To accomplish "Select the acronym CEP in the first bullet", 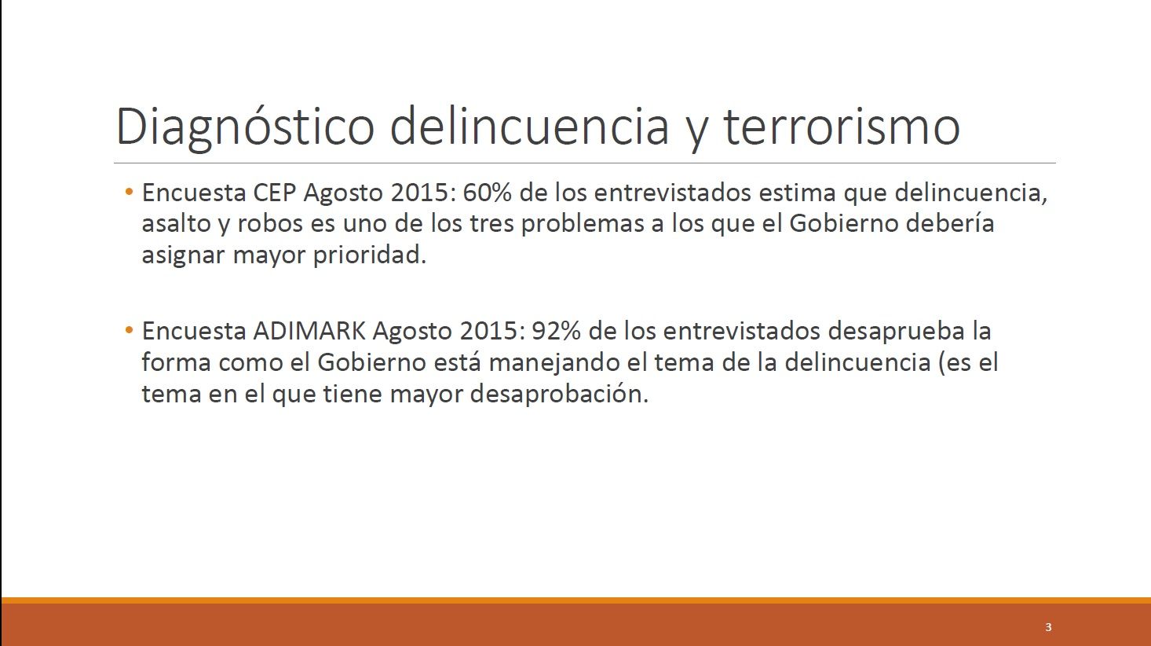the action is [x=274, y=193].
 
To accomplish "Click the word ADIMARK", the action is [x=309, y=331].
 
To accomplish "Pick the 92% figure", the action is [x=556, y=331].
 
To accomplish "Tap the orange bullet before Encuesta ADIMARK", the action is [x=129, y=330].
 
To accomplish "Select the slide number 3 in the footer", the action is [x=1048, y=627].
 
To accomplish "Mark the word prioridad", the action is [x=370, y=255].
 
